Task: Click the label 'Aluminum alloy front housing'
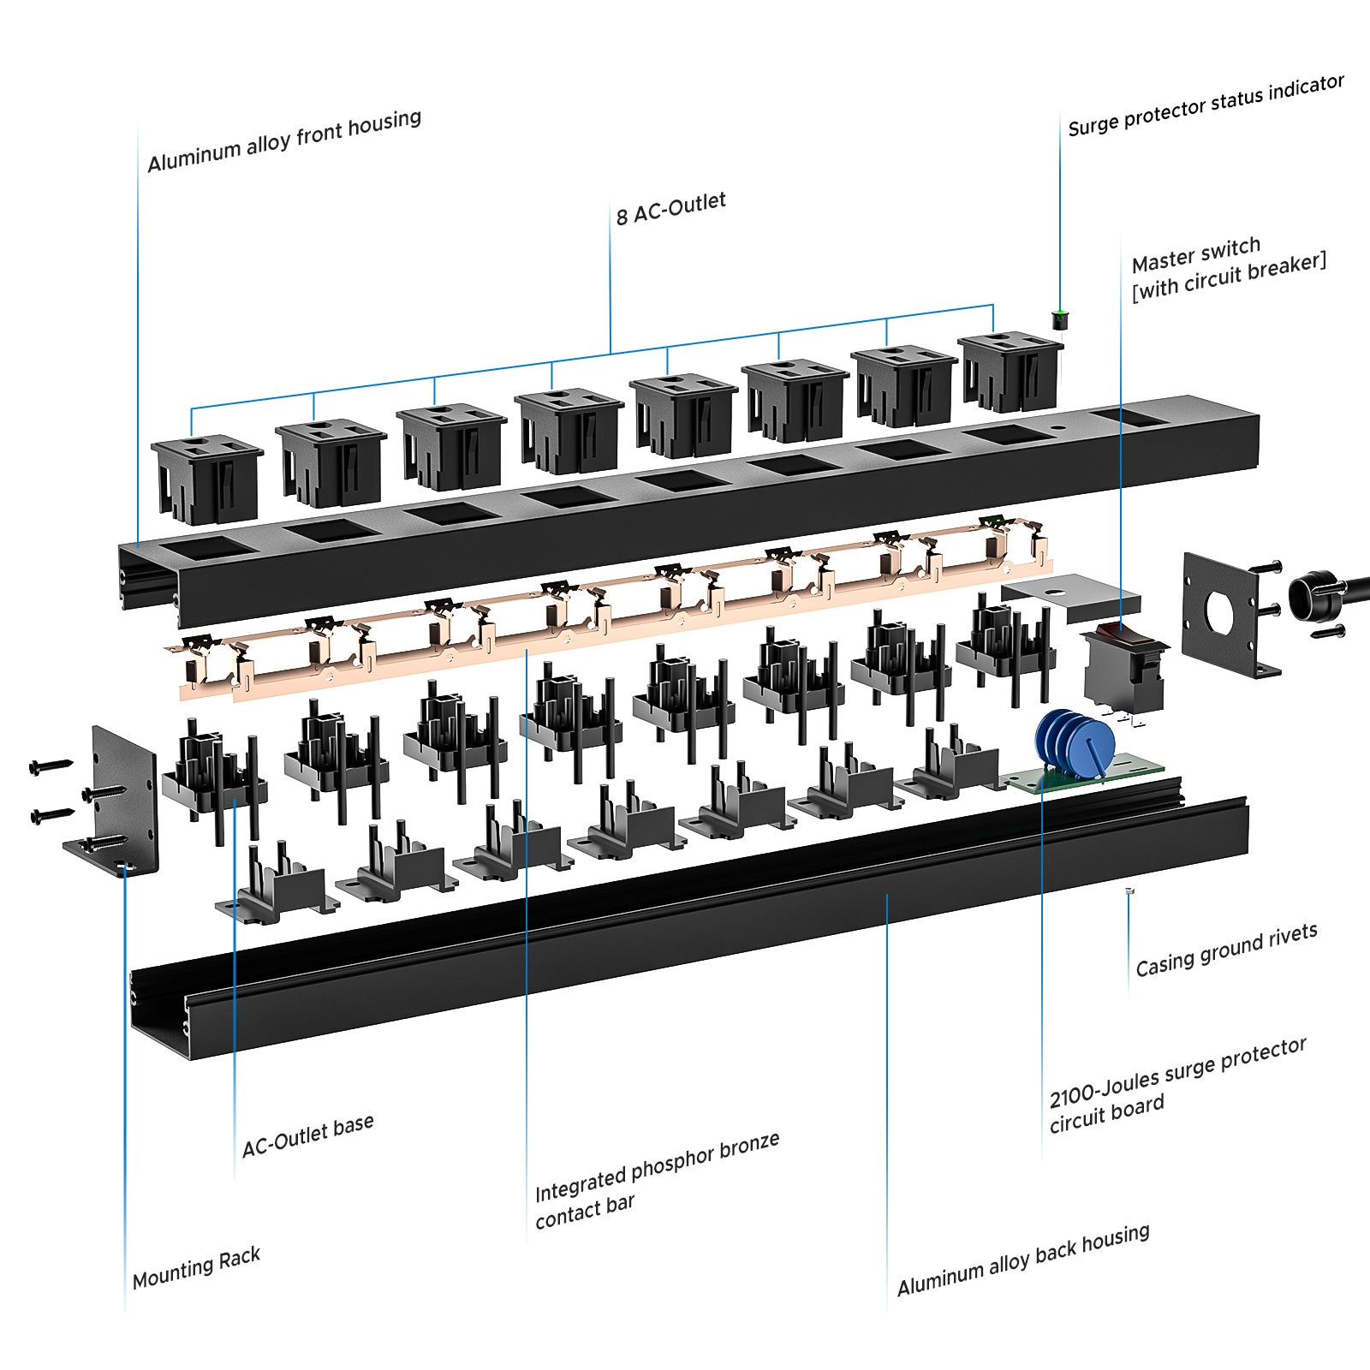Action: point(283,141)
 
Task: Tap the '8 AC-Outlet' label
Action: point(670,208)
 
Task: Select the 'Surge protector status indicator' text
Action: point(1206,105)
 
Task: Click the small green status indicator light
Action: point(1060,319)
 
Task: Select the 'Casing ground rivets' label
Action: point(1226,950)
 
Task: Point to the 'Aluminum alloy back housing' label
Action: point(1022,1260)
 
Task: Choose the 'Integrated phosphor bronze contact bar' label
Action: point(656,1180)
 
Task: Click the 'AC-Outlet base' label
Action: point(307,1135)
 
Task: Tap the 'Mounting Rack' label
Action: point(196,1267)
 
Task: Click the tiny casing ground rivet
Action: point(1129,891)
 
